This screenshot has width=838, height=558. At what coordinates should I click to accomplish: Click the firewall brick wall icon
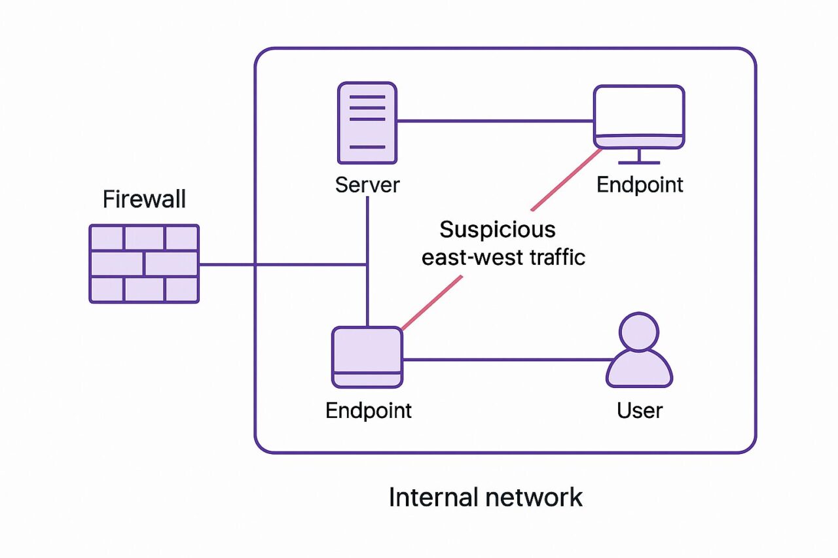pos(144,264)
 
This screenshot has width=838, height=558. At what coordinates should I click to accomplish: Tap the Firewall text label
pos(144,199)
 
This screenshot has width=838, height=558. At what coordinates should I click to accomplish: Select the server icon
pos(367,123)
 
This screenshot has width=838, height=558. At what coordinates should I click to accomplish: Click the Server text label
pos(367,184)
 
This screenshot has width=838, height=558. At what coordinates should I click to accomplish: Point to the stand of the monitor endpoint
pos(639,156)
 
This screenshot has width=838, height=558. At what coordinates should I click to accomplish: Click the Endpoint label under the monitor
pos(640,184)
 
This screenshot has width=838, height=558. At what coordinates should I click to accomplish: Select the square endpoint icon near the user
pos(367,357)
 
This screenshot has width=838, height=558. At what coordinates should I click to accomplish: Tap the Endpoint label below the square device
pos(369,410)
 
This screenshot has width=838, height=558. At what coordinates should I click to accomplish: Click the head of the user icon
pos(639,332)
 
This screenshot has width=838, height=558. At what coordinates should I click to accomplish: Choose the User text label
pos(640,410)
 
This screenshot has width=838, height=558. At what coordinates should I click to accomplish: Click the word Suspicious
pos(498,230)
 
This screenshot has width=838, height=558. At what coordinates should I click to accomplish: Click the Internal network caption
pos(486,497)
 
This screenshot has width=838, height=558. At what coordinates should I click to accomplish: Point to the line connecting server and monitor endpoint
pos(496,121)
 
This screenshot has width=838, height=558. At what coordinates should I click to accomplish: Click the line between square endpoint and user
pos(507,360)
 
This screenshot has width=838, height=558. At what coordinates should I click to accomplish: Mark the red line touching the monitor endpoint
pos(566,179)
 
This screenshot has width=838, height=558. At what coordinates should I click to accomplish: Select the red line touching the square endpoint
pos(432,303)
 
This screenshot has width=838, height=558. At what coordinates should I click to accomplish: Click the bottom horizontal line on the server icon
pos(367,147)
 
